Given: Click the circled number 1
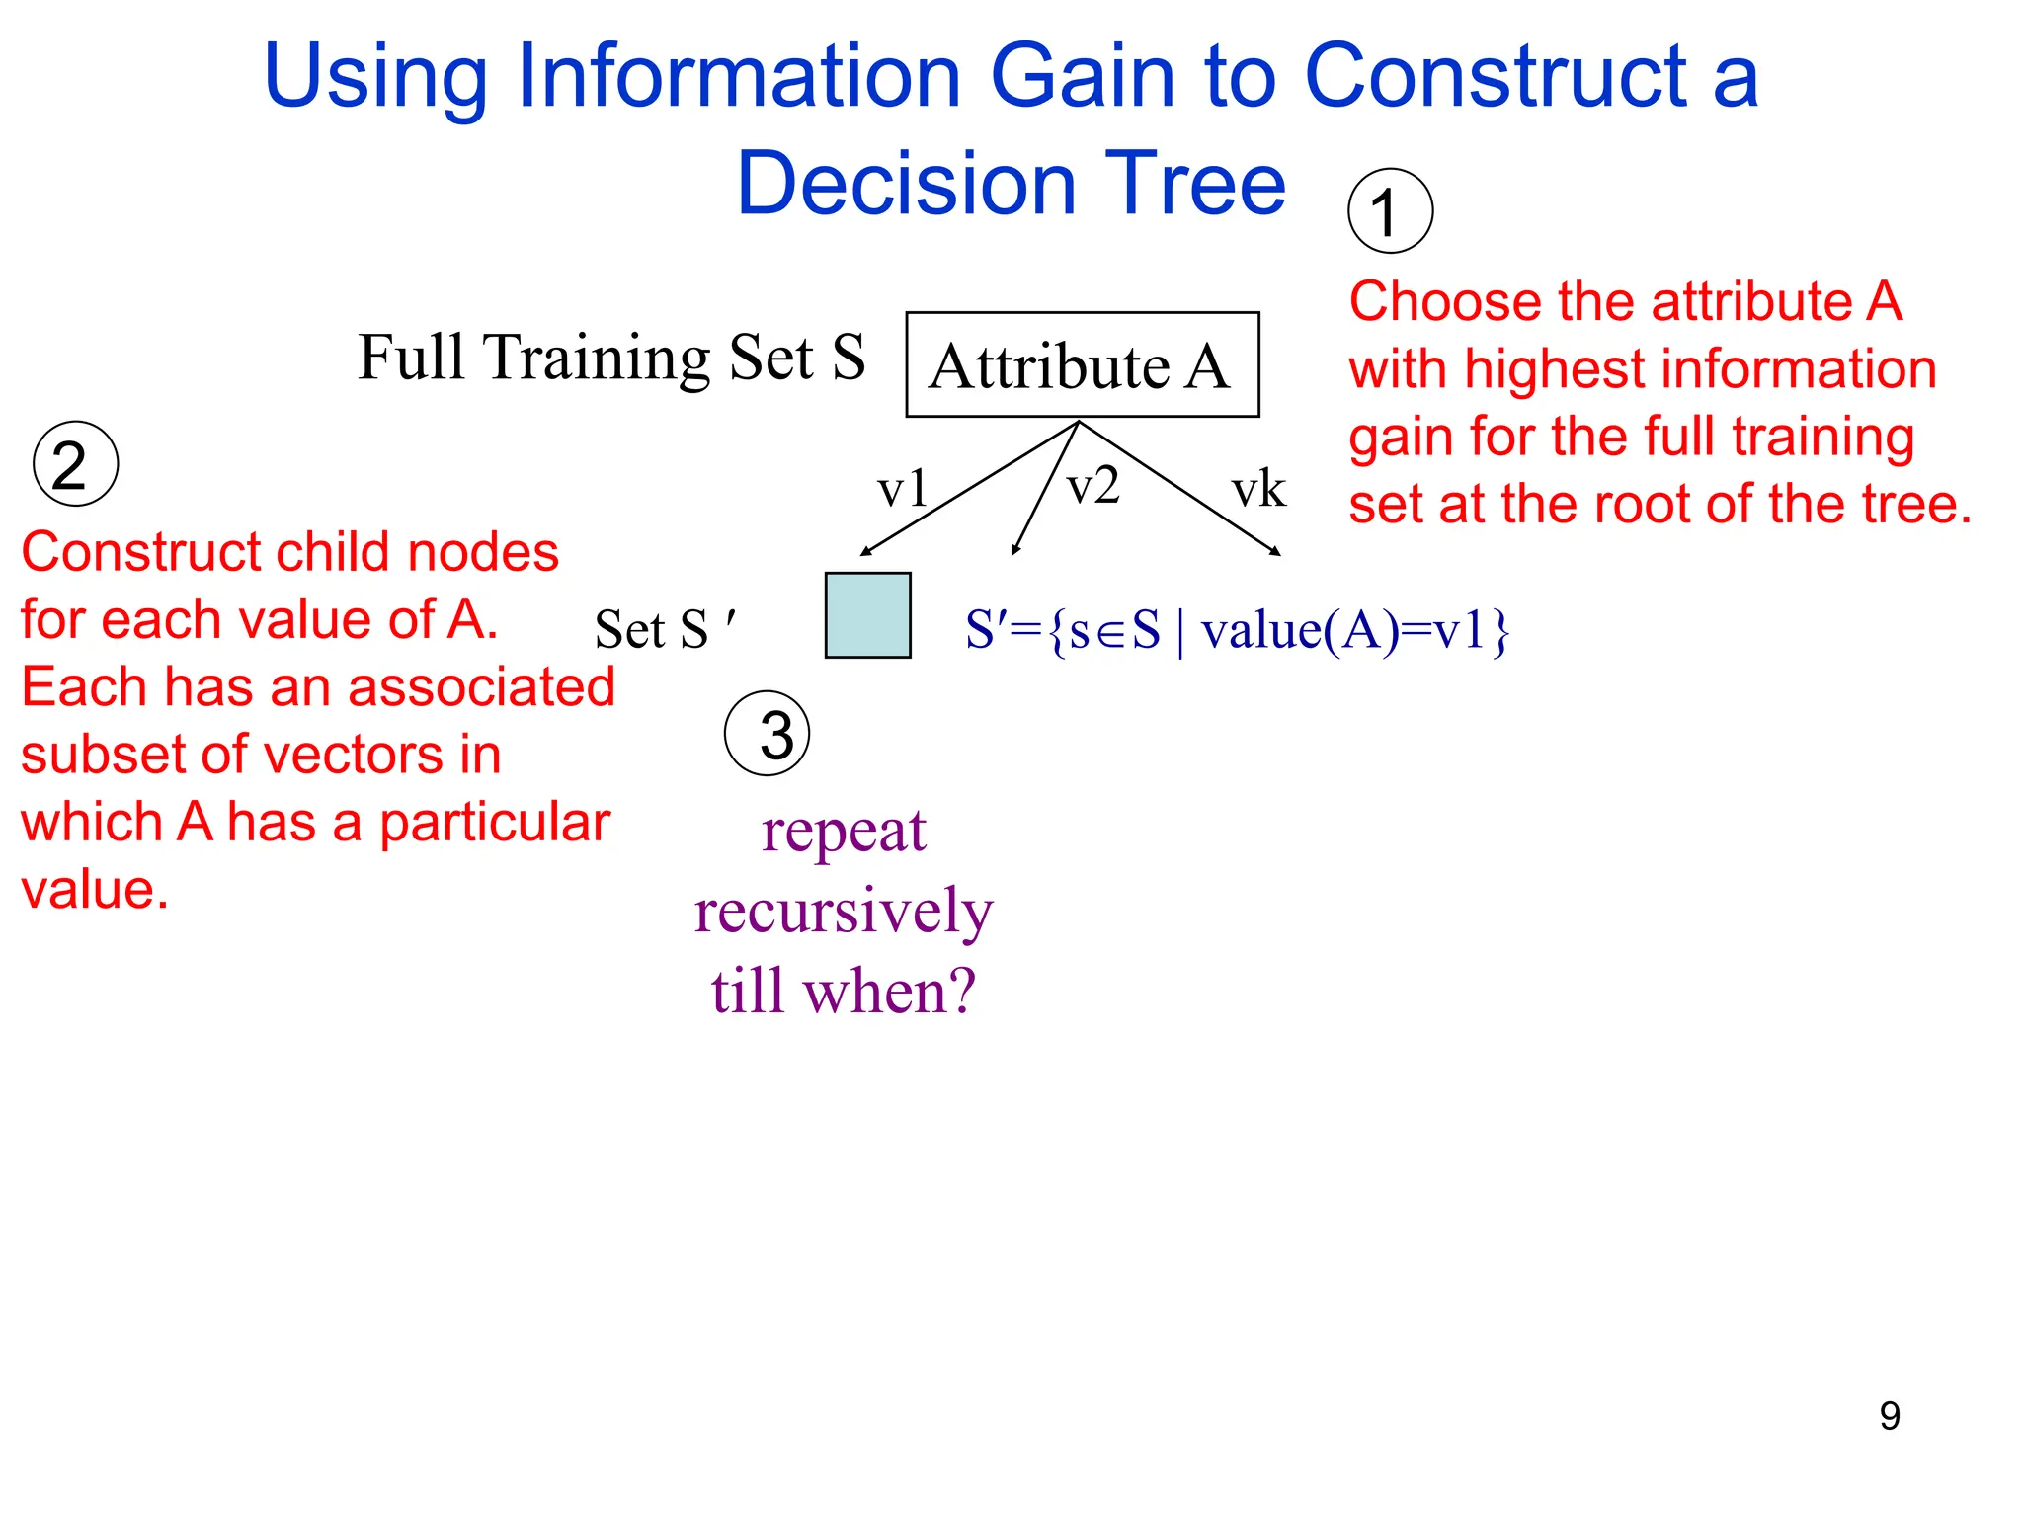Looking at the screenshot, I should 1390,210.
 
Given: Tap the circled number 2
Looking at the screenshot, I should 75,464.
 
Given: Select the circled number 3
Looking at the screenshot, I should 768,734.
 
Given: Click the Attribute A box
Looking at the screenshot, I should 1082,364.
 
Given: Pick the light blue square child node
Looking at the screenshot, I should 867,614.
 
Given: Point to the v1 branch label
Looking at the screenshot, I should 902,489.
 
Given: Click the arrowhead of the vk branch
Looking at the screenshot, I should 1276,551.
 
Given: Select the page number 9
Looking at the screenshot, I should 1889,1416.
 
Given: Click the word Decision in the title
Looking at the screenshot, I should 905,184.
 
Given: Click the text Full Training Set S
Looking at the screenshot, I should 611,357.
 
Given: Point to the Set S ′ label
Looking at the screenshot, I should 665,629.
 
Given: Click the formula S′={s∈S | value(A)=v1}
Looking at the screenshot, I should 1237,630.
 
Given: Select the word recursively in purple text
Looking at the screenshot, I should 843,911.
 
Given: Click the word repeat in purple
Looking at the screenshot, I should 844,832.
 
